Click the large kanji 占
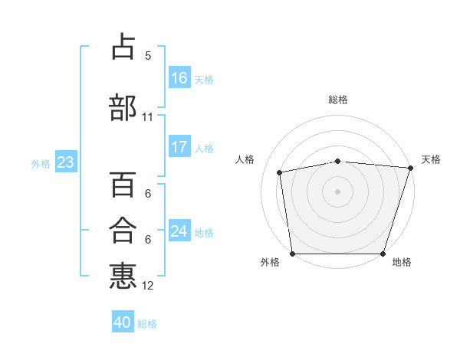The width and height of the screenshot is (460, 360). point(123,46)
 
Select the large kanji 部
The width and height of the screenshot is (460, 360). point(123,107)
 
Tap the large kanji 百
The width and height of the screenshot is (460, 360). point(123,184)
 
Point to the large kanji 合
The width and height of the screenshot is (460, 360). point(123,230)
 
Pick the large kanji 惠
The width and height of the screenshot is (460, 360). point(123,276)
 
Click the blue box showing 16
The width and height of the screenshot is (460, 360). point(180,77)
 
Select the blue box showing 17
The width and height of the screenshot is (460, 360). point(180,146)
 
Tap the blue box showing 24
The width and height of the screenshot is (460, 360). point(180,230)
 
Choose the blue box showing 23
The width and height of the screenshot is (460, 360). point(66,162)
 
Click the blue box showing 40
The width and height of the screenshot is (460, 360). point(123,321)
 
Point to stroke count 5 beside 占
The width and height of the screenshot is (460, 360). point(148,56)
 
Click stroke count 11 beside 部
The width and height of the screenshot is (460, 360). point(147,117)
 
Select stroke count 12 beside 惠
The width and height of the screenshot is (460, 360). point(147,286)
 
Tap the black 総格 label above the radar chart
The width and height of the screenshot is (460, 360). point(338,100)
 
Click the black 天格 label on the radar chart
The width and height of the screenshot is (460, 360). point(431,159)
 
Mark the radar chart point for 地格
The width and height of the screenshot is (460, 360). point(383,254)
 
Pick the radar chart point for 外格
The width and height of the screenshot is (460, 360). point(293,254)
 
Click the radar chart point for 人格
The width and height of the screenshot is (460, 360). point(280,172)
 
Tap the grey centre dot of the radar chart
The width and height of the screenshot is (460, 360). point(337,191)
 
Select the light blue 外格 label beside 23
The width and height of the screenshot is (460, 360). point(41,164)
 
